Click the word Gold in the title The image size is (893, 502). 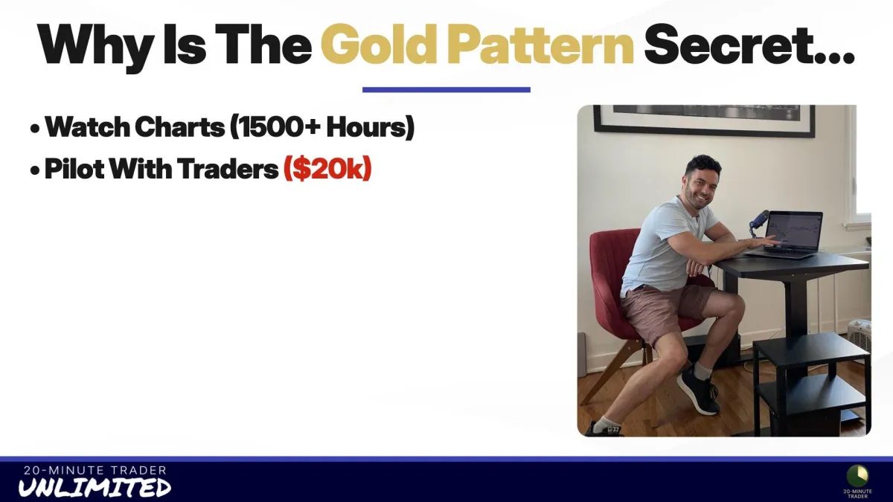(377, 44)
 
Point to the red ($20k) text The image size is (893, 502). (327, 169)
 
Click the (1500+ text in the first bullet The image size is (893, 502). (275, 127)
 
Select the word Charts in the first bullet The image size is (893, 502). (179, 127)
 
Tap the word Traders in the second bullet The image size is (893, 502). (228, 169)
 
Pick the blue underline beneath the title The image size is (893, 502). (446, 90)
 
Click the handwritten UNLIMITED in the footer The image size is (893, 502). (95, 487)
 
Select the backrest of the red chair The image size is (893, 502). (610, 263)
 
